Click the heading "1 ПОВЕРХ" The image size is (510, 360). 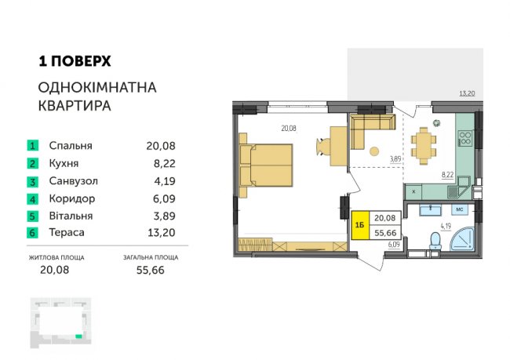[x=75, y=61]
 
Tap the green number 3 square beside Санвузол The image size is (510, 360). [x=32, y=181]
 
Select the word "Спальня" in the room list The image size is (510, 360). [x=71, y=146]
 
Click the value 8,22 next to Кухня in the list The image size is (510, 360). [x=164, y=163]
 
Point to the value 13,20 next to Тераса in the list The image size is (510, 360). [x=162, y=232]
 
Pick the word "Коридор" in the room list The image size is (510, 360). [x=72, y=198]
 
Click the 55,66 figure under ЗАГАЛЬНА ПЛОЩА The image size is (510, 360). [x=151, y=270]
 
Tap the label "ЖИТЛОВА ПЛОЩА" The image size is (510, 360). [x=56, y=257]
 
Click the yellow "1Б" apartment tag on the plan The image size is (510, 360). [x=360, y=225]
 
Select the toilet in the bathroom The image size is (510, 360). [x=435, y=242]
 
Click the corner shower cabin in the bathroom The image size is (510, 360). [x=462, y=239]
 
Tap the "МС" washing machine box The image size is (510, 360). [x=460, y=209]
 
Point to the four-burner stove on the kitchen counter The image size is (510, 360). [x=464, y=137]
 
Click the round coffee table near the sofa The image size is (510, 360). [x=374, y=151]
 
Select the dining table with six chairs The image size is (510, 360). [x=424, y=146]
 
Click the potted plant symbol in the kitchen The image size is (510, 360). [x=436, y=123]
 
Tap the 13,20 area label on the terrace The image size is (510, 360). [x=467, y=93]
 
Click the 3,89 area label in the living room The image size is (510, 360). [x=395, y=159]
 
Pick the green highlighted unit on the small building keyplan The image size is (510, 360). [x=78, y=336]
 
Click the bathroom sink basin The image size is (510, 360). [x=431, y=209]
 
